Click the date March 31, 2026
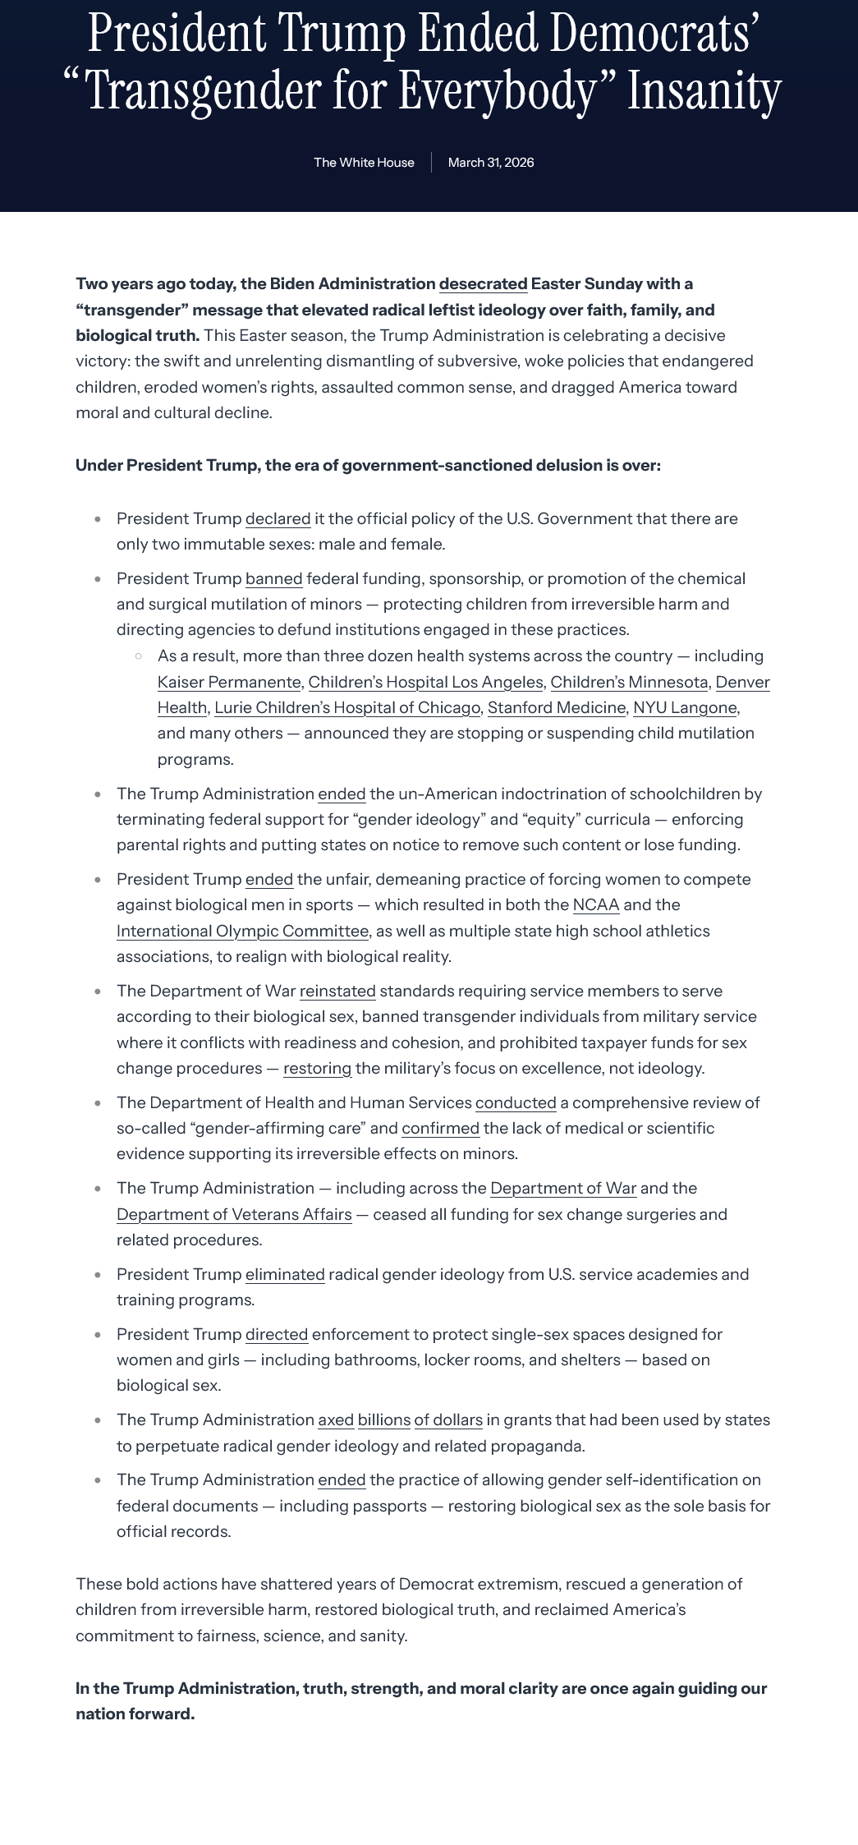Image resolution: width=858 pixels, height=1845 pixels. point(491,163)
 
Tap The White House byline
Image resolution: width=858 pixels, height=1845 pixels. point(364,163)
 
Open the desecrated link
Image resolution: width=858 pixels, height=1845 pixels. point(483,284)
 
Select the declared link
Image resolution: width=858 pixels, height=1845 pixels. point(278,519)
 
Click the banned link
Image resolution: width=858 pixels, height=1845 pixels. point(273,579)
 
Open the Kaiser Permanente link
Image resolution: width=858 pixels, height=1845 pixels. point(229,683)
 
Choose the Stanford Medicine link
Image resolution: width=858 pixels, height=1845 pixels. point(557,708)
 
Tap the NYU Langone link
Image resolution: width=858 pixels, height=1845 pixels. point(685,708)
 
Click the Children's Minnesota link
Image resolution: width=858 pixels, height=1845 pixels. point(629,683)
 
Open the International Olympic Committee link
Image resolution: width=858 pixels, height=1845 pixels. point(242,932)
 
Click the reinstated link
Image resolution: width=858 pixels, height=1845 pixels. point(337,992)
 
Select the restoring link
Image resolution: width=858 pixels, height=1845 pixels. point(317,1069)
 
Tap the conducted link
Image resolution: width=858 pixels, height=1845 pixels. point(516,1103)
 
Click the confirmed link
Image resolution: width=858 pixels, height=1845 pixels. point(440,1129)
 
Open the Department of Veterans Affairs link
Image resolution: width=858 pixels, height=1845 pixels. point(234,1215)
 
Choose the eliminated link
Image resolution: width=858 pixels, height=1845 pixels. point(285,1275)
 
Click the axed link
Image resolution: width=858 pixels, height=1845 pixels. point(336,1420)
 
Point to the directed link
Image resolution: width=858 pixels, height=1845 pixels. point(277,1335)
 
